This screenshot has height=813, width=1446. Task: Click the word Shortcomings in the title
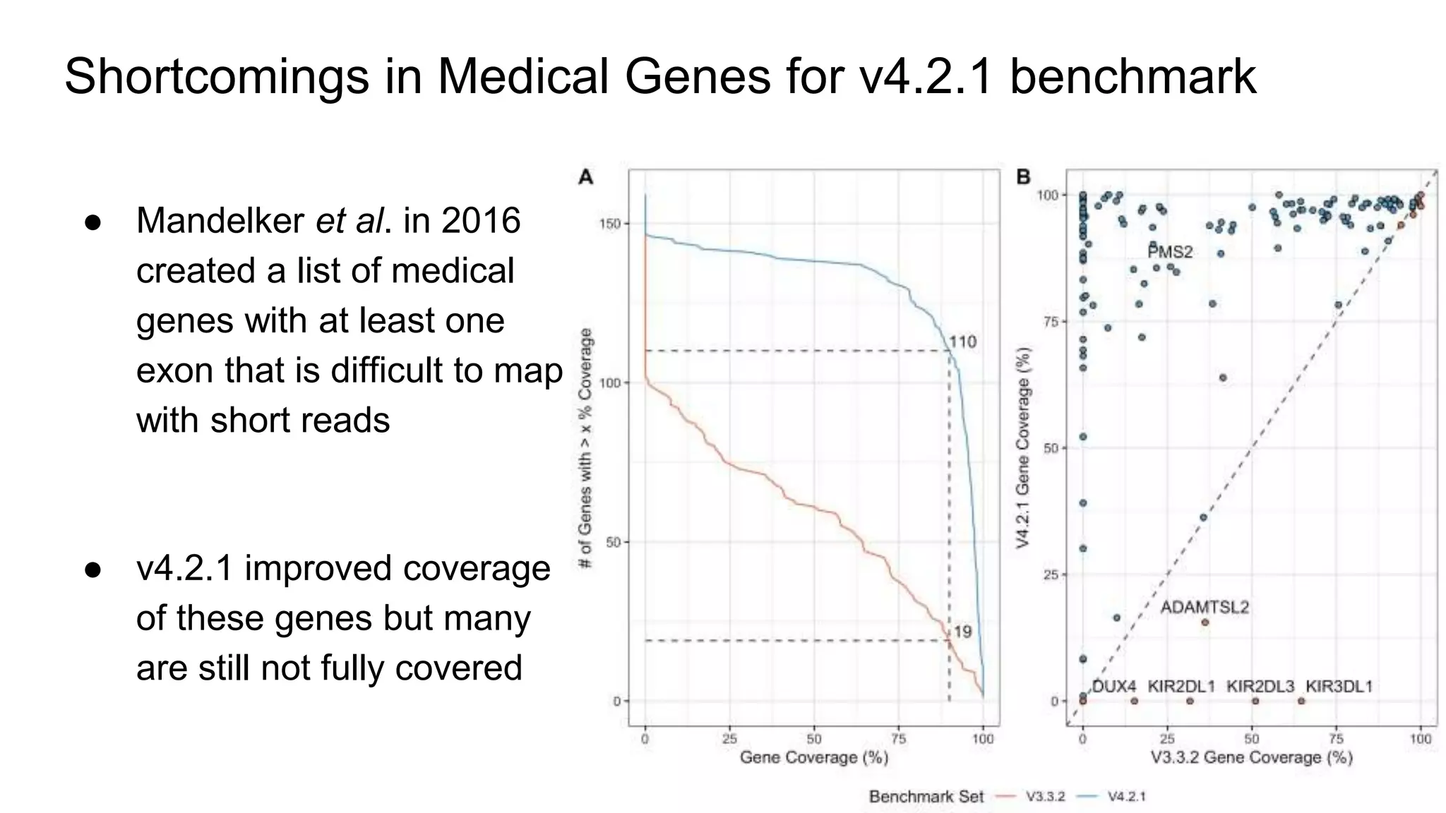pyautogui.click(x=216, y=76)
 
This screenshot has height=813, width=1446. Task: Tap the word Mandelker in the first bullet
pyautogui.click(x=220, y=221)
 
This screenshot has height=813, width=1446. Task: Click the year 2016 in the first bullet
pyautogui.click(x=480, y=221)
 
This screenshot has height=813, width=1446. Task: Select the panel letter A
pyautogui.click(x=585, y=177)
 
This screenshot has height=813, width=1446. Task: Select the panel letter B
pyautogui.click(x=1023, y=177)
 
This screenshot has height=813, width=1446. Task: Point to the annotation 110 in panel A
pyautogui.click(x=962, y=342)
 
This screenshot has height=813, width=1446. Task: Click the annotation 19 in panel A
pyautogui.click(x=962, y=632)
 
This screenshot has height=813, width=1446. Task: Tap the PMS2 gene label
pyautogui.click(x=1170, y=252)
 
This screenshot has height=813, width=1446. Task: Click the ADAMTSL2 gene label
pyautogui.click(x=1205, y=607)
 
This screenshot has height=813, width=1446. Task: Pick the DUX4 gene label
pyautogui.click(x=1113, y=686)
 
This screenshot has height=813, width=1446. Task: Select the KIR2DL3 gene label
pyautogui.click(x=1260, y=686)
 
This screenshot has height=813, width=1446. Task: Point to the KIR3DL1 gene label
pyautogui.click(x=1339, y=686)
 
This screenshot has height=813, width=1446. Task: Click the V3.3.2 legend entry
pyautogui.click(x=1044, y=797)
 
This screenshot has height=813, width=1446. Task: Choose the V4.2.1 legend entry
pyautogui.click(x=1126, y=797)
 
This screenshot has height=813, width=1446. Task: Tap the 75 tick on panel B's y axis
pyautogui.click(x=1051, y=322)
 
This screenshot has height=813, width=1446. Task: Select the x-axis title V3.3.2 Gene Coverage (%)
pyautogui.click(x=1251, y=757)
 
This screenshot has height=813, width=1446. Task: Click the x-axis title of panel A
pyautogui.click(x=813, y=757)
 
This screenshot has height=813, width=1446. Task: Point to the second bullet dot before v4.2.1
pyautogui.click(x=93, y=570)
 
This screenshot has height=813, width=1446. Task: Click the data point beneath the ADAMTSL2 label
pyautogui.click(x=1205, y=622)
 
